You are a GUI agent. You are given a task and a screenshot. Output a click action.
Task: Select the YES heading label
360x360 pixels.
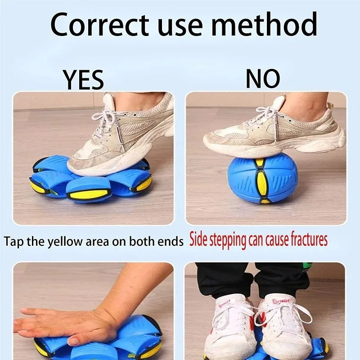tap(83, 80)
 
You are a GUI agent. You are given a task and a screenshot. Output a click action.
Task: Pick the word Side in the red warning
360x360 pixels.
tap(200, 240)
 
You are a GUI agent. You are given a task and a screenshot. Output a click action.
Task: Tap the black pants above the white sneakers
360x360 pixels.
tap(252, 279)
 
